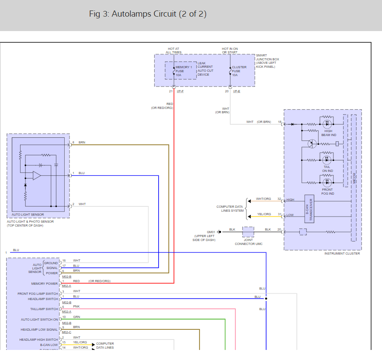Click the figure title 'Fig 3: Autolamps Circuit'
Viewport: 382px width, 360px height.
click(148, 14)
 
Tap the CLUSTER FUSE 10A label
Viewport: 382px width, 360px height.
click(239, 71)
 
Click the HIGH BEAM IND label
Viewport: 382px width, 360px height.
click(328, 133)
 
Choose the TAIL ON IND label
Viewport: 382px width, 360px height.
click(328, 168)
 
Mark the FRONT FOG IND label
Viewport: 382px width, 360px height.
click(327, 192)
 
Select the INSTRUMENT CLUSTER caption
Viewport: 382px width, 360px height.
click(342, 254)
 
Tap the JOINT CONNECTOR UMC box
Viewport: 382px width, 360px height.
click(248, 232)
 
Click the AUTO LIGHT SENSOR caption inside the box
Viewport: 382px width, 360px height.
click(28, 215)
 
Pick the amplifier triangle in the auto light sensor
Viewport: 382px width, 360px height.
click(37, 175)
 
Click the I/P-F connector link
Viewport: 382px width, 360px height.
click(180, 91)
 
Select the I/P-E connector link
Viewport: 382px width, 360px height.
click(236, 91)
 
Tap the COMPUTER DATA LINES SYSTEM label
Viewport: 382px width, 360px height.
click(230, 209)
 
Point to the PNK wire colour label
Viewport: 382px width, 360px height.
click(76, 307)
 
